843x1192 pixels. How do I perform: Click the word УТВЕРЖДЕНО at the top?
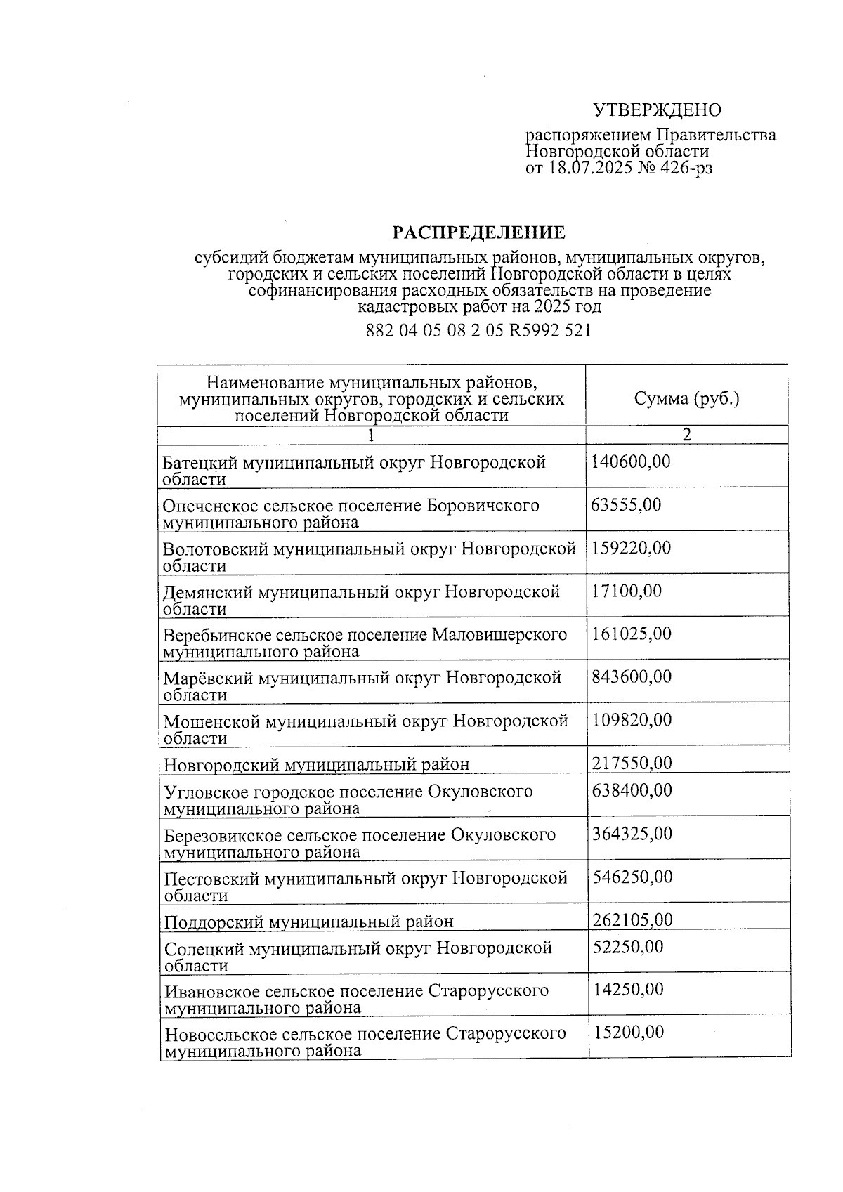[x=657, y=110]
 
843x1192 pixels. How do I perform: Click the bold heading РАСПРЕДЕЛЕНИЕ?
[x=478, y=232]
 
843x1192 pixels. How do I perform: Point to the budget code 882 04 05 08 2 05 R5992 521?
[x=478, y=330]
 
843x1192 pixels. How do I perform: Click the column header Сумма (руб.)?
[x=686, y=399]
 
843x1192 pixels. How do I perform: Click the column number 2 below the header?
[x=686, y=435]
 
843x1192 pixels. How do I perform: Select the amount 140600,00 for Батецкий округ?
[x=631, y=461]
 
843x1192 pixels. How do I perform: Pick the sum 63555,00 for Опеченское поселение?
[x=626, y=504]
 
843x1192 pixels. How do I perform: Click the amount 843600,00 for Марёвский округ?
[x=632, y=676]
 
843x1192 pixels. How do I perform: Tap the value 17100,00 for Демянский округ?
[x=626, y=591]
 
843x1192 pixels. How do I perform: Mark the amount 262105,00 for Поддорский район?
[x=632, y=919]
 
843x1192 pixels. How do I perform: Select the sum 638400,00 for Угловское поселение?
[x=632, y=790]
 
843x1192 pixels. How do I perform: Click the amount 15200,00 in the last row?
[x=628, y=1032]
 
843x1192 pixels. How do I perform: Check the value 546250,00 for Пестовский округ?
[x=632, y=877]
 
